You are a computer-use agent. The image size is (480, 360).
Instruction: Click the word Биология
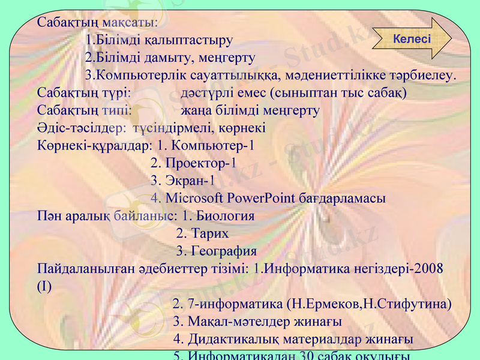226,216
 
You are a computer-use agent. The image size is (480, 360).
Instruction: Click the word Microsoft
194,199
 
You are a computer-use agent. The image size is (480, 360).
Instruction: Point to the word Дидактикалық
233,340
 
